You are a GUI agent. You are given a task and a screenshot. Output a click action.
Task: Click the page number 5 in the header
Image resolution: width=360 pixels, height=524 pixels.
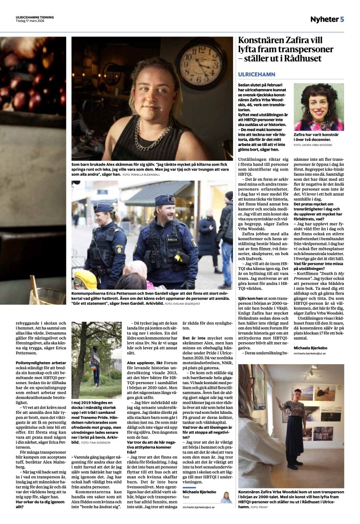(342, 19)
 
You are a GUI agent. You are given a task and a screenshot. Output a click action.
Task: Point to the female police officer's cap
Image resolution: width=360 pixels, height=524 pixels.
(103, 207)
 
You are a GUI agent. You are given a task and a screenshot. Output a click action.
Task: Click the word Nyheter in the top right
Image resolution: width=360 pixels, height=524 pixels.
(324, 19)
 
